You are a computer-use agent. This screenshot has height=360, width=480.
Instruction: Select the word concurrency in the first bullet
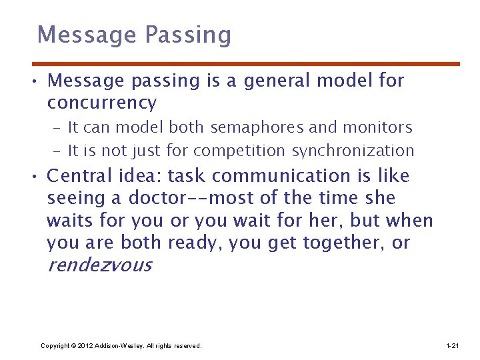102,103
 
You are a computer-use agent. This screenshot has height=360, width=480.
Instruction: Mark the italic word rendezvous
99,265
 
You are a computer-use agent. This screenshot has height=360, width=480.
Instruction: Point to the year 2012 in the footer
85,346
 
